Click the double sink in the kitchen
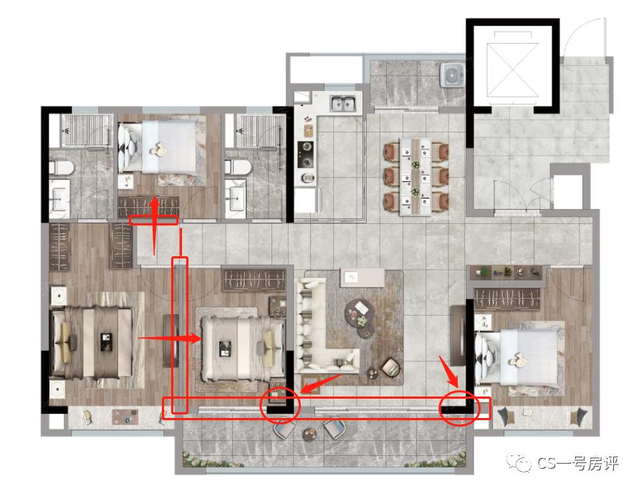click(x=342, y=104)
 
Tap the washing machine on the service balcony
click(x=452, y=74)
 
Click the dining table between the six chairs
click(x=415, y=176)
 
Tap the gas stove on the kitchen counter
click(x=305, y=155)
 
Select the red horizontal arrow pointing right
click(x=170, y=338)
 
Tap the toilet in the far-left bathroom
click(x=61, y=167)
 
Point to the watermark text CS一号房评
click(x=578, y=464)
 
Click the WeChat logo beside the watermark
click(x=519, y=463)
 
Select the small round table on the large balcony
click(x=309, y=434)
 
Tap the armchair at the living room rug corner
click(x=391, y=367)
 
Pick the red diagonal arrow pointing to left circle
click(x=321, y=384)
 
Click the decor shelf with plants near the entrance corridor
click(x=506, y=272)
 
